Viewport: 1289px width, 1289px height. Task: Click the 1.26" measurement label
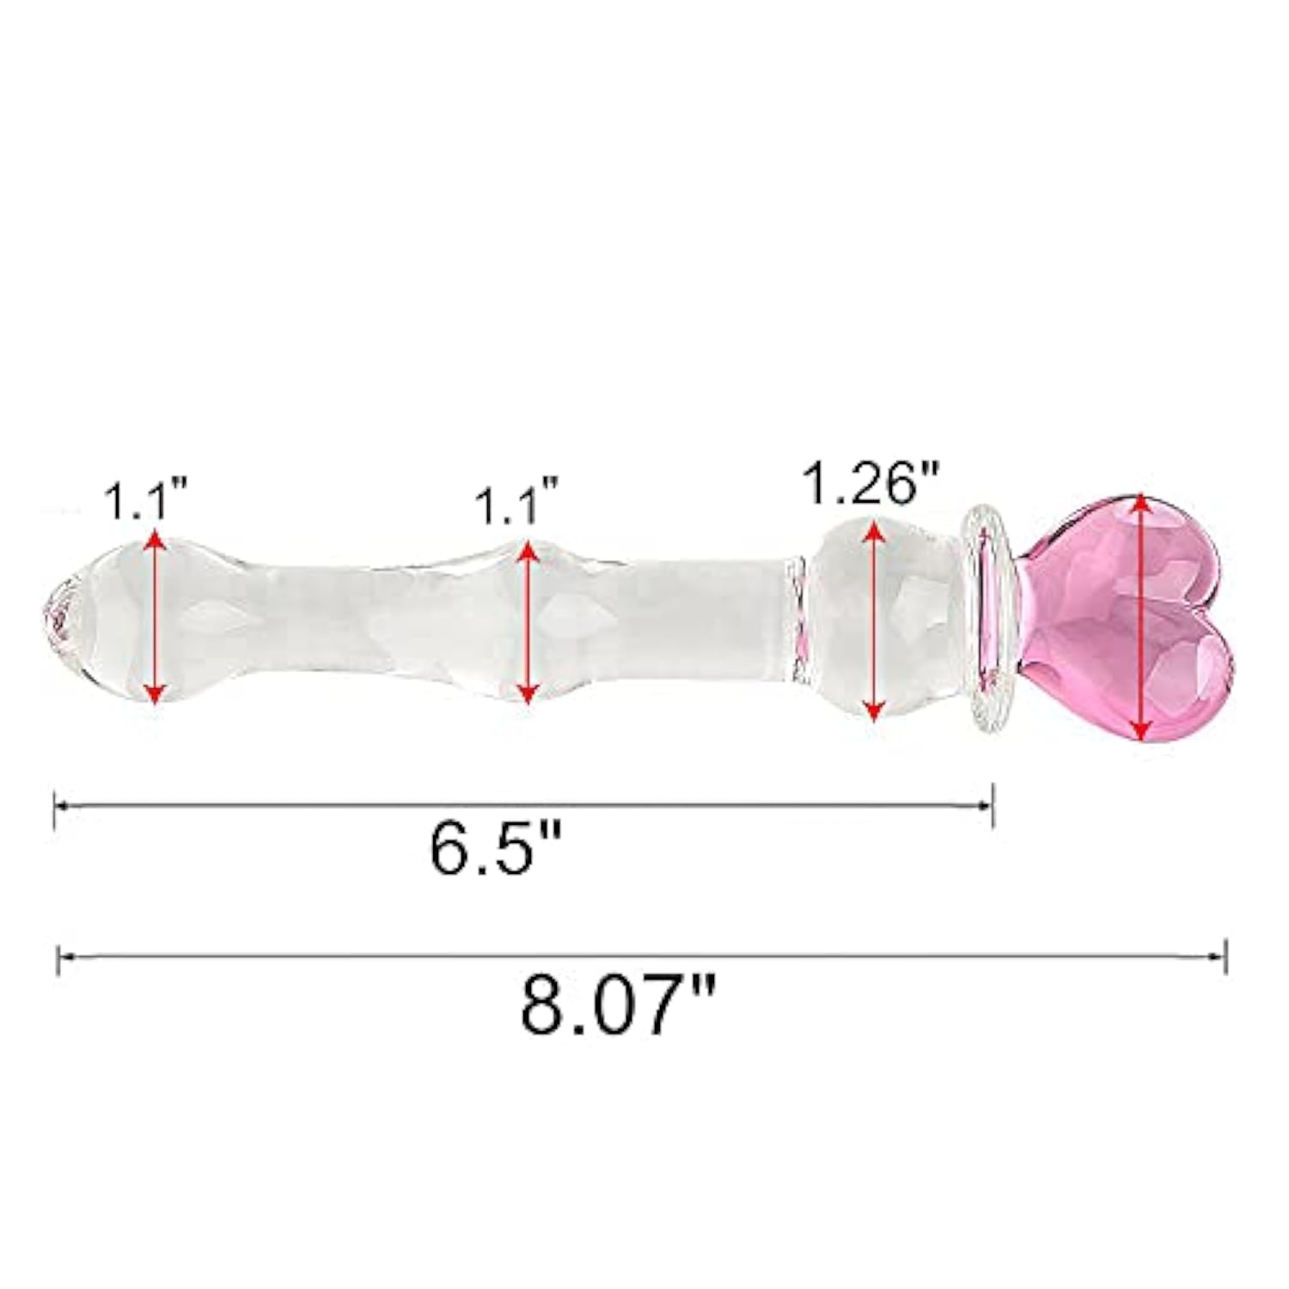coord(869,484)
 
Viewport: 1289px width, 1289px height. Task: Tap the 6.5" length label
coord(496,849)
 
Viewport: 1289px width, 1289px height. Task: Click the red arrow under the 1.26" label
coord(873,620)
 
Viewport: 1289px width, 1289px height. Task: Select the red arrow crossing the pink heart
coord(1139,616)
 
